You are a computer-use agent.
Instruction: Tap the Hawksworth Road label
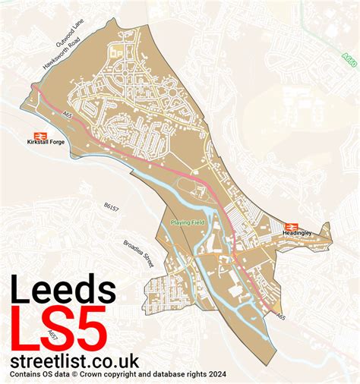63,55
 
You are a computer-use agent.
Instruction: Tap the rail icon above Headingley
289,225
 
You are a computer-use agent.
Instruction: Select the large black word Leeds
64,291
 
